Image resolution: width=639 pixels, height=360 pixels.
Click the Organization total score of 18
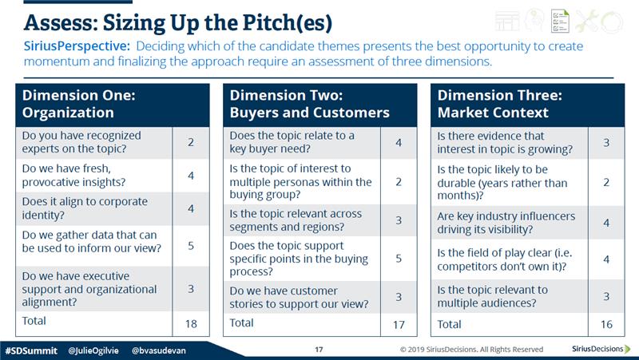pos(191,324)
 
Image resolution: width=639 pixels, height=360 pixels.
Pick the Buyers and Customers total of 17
pos(399,325)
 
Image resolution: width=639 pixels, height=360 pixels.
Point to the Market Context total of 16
pos(606,324)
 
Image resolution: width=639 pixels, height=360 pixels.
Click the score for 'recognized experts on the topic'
pos(191,142)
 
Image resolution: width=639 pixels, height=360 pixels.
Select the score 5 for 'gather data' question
pos(191,246)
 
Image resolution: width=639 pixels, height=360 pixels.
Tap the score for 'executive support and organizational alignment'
pos(191,289)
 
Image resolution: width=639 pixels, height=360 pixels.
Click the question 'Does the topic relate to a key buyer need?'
pos(292,142)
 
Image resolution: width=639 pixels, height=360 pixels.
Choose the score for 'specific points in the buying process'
pos(399,258)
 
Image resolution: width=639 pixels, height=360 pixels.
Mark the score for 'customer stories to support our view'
pos(399,297)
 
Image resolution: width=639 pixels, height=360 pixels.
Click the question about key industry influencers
pos(506,223)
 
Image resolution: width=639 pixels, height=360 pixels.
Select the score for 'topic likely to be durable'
pos(606,182)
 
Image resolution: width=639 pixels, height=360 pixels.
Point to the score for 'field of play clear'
pos(606,259)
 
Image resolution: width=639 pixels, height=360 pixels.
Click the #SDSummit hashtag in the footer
pos(31,350)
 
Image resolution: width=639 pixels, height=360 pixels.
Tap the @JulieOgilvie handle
pos(93,350)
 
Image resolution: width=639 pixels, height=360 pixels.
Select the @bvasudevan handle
pos(158,350)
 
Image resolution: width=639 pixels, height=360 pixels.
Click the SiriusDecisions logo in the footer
pos(601,349)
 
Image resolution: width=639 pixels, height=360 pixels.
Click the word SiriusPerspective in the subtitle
pos(77,46)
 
